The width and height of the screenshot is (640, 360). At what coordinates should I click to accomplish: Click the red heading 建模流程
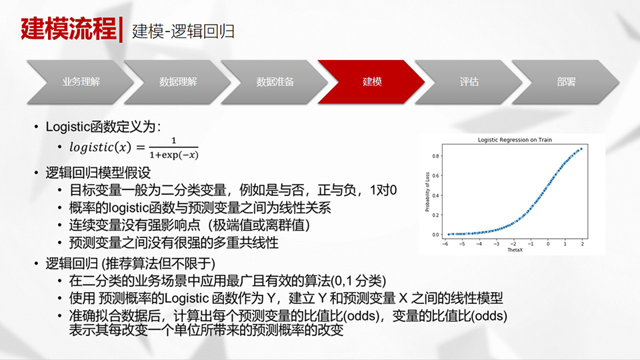(x=69, y=29)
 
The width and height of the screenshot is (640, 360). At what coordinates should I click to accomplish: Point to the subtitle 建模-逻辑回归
(x=183, y=31)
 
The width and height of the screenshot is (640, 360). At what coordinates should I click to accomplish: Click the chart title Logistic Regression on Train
(x=515, y=139)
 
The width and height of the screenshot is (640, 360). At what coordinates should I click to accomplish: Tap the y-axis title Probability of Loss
(x=427, y=192)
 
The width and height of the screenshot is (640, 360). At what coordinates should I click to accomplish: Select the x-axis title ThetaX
(x=515, y=250)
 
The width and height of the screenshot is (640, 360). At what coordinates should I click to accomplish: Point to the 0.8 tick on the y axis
(x=435, y=156)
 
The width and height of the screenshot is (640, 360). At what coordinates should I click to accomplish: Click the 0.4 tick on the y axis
(x=435, y=195)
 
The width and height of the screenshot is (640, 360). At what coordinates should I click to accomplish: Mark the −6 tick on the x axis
(x=445, y=244)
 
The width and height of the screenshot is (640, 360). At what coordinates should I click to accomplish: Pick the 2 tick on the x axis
(x=582, y=244)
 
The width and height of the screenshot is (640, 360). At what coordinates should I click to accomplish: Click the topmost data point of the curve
(x=581, y=149)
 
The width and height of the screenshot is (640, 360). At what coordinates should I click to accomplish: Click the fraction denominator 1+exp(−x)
(x=174, y=155)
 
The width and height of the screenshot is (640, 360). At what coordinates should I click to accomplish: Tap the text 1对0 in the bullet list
(x=383, y=190)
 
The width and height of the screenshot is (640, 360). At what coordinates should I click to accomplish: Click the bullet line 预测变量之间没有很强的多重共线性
(x=174, y=243)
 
